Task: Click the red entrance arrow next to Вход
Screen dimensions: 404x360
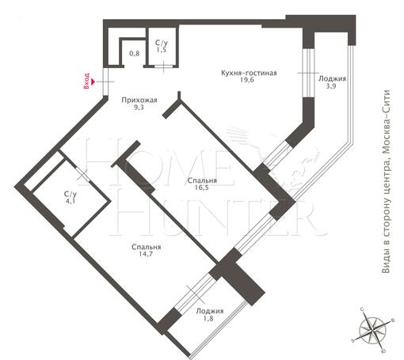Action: click(93, 81)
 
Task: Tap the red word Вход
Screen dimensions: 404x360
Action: click(86, 81)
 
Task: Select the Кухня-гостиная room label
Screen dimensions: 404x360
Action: click(249, 73)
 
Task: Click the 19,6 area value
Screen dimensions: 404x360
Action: click(247, 80)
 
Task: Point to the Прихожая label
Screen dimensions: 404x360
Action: click(139, 100)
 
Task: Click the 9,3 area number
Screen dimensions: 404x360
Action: click(139, 108)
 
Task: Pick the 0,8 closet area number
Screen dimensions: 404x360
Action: click(135, 54)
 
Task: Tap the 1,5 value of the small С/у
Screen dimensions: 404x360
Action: click(161, 50)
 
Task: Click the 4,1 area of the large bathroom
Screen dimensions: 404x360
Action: click(71, 202)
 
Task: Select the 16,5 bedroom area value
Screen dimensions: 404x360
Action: click(202, 188)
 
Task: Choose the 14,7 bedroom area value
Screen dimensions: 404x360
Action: click(146, 254)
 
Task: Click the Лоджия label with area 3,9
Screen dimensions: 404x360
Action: click(333, 78)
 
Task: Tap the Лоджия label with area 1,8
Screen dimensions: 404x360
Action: click(210, 311)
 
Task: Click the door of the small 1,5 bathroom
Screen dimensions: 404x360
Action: click(164, 66)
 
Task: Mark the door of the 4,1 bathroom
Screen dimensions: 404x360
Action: click(83, 174)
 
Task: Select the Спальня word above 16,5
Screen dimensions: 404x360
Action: click(202, 180)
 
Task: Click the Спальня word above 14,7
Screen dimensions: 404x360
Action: click(146, 247)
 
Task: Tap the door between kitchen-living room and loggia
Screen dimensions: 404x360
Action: click(308, 73)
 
